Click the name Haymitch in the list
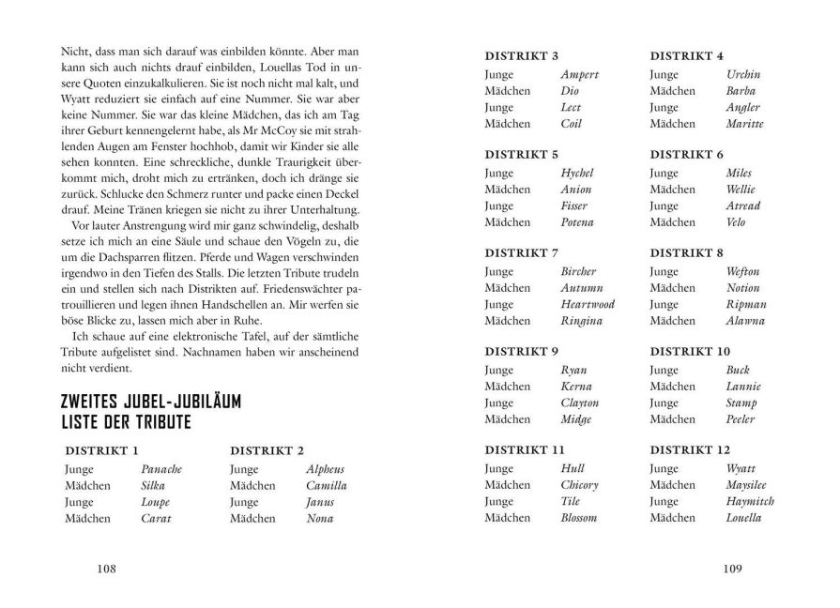coord(750,501)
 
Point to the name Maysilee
coord(748,485)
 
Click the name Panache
coord(160,469)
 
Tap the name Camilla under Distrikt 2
coord(326,485)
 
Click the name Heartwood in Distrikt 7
coord(587,304)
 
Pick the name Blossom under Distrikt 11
coord(578,518)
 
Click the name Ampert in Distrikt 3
coord(579,74)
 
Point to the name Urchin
coord(743,74)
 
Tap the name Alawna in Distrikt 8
coord(745,321)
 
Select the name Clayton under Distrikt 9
coord(579,403)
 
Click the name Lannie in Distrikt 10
coord(743,387)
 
